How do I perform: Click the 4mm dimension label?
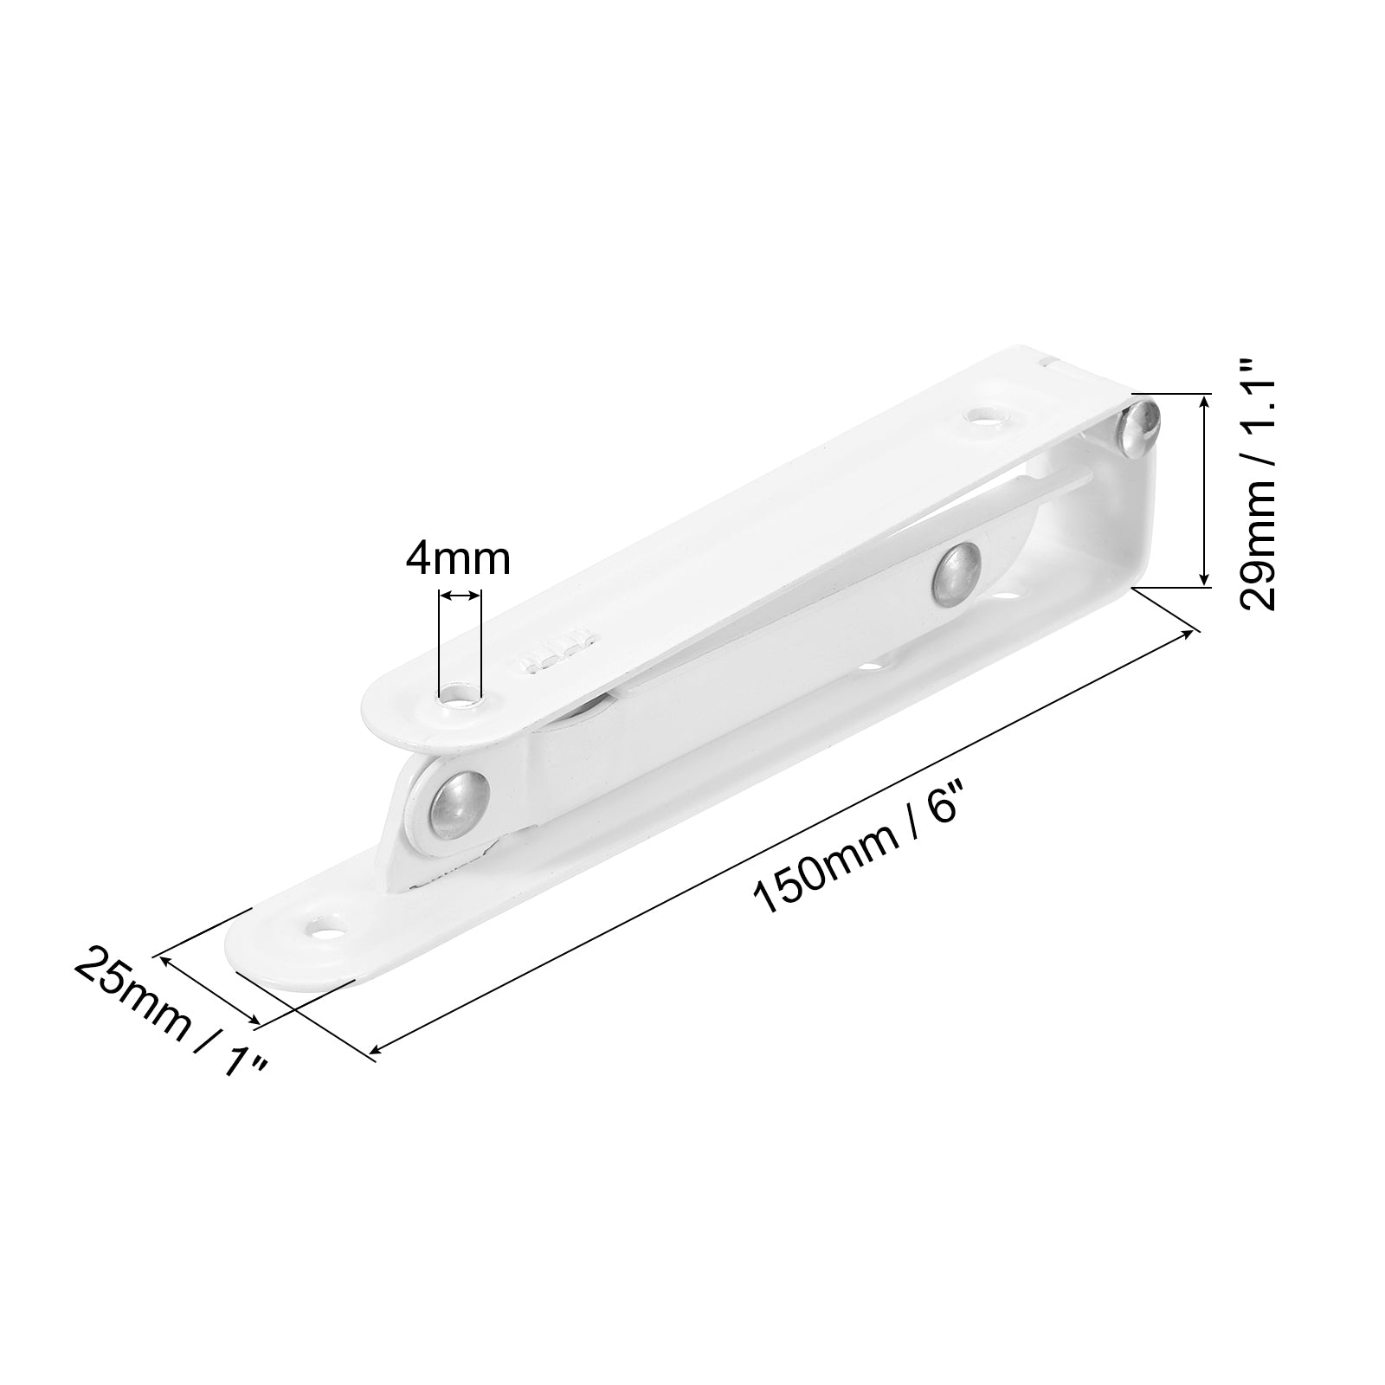[459, 559]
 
